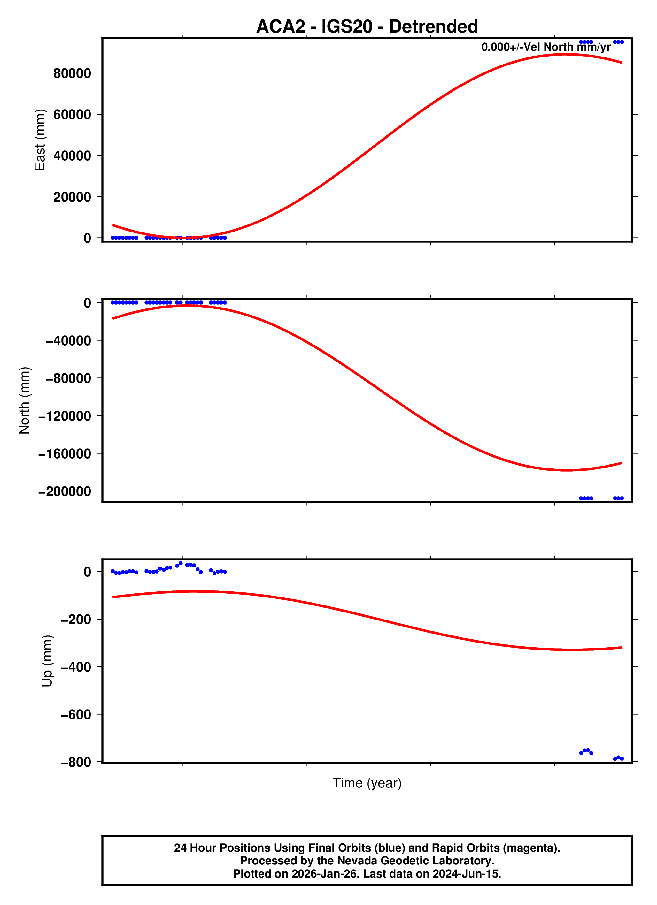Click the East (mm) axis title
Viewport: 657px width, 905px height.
tap(40, 140)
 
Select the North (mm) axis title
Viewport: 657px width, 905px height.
tap(24, 400)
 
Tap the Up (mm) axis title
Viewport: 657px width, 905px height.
tap(47, 661)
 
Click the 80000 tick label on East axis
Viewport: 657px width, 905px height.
tap(72, 73)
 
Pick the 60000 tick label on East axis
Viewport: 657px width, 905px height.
tap(72, 115)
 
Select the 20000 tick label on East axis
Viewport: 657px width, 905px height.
tap(72, 197)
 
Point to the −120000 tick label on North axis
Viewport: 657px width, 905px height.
tap(64, 416)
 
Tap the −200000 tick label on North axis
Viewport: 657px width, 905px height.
tap(64, 491)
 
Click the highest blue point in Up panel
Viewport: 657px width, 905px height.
tap(181, 563)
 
